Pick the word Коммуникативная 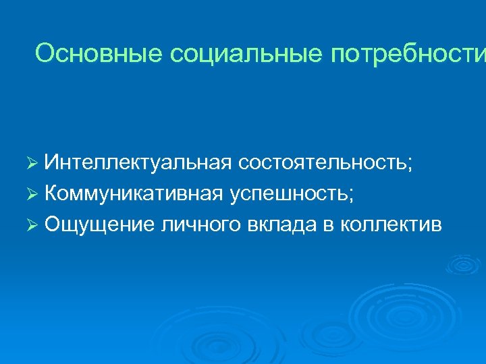[133, 193]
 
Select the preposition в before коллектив [329, 225]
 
